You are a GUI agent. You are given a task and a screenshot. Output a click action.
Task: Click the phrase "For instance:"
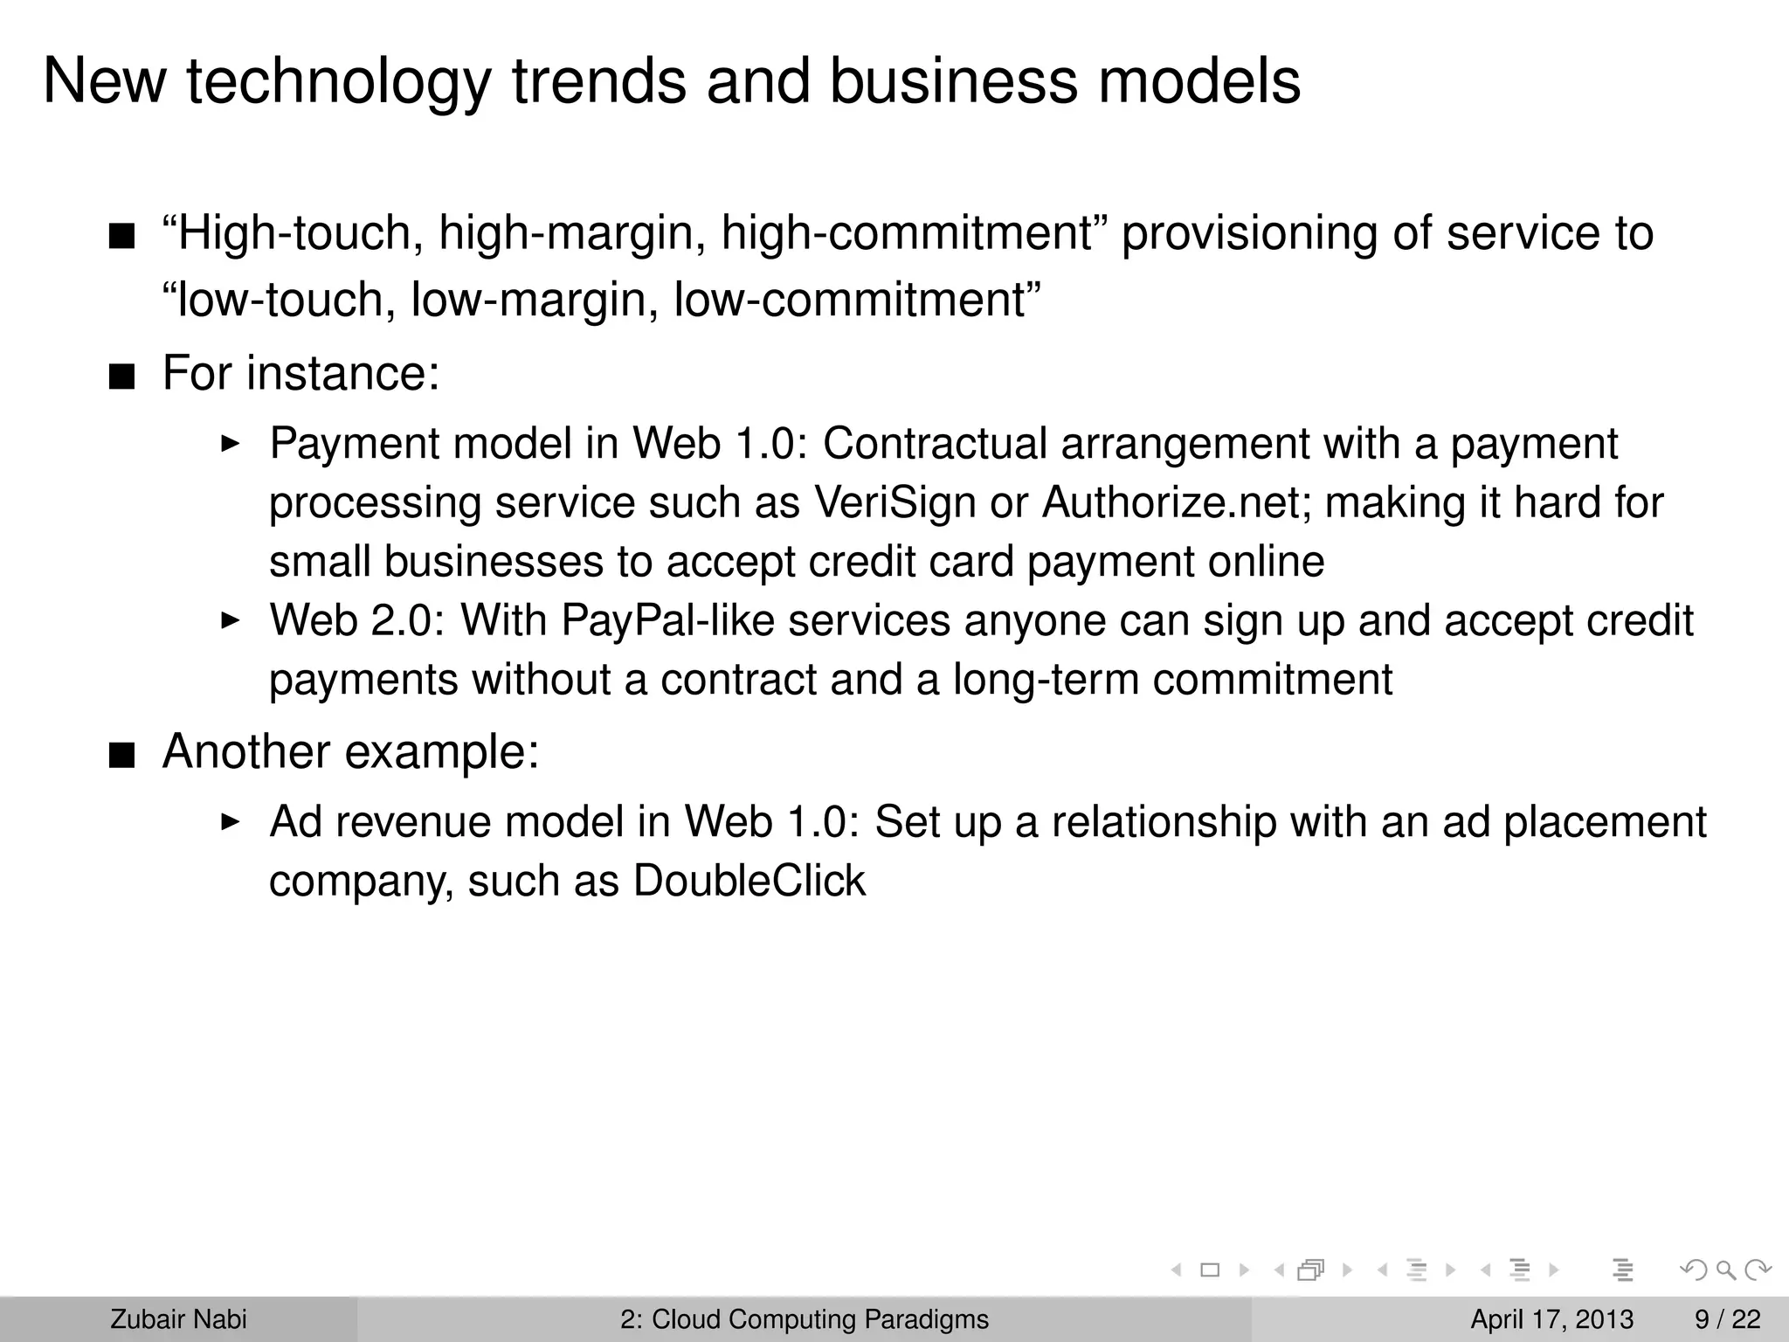(300, 373)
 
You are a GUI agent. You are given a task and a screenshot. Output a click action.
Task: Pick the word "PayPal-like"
(667, 621)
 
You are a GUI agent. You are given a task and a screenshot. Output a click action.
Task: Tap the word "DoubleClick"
(749, 881)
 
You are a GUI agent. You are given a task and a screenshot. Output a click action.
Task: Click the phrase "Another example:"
(350, 751)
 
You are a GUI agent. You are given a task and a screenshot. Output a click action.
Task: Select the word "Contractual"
(935, 444)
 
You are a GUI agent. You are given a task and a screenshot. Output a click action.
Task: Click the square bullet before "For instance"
(122, 377)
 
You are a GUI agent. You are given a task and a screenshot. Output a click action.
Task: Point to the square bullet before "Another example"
(122, 756)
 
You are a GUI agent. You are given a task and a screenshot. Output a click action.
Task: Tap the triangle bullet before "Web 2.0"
(230, 621)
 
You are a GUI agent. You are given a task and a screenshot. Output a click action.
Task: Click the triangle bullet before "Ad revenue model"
(230, 822)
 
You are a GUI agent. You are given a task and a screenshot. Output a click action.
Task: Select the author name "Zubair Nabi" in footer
(178, 1319)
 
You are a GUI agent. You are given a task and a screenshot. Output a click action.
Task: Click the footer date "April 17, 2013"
(1551, 1319)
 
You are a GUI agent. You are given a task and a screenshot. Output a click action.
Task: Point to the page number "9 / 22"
(1727, 1319)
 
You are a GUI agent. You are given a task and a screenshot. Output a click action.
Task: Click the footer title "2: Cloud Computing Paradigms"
(804, 1319)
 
